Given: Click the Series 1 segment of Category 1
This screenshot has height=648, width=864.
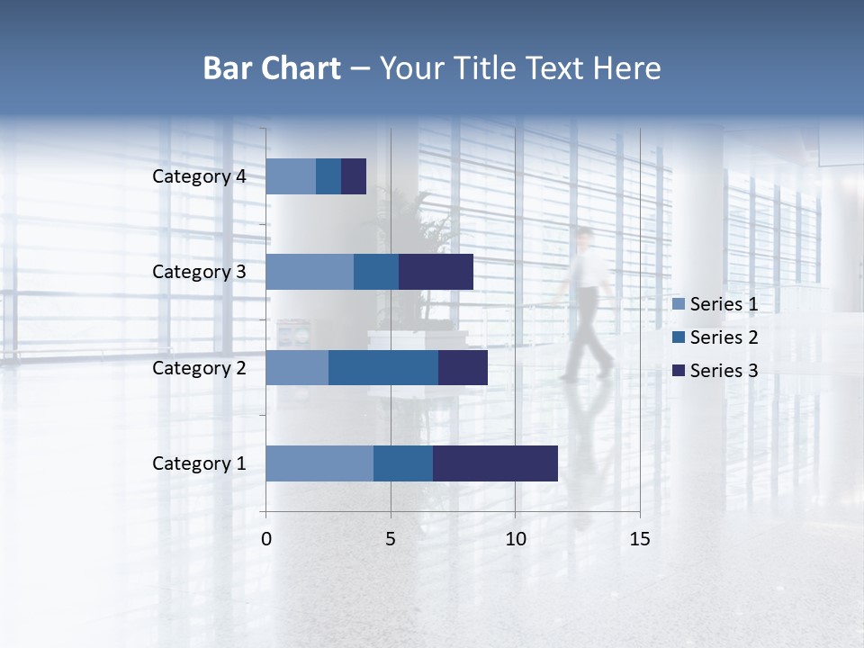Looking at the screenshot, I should pyautogui.click(x=319, y=463).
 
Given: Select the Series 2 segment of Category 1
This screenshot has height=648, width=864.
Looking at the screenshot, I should pyautogui.click(x=402, y=463).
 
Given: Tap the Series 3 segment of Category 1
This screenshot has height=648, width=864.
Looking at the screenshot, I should pyautogui.click(x=495, y=463).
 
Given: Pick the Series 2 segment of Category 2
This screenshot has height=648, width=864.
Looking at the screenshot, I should pyautogui.click(x=382, y=367).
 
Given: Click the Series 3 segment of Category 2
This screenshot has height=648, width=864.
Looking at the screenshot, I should pyautogui.click(x=463, y=367).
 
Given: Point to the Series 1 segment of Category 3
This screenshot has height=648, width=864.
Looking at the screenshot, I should pyautogui.click(x=310, y=272).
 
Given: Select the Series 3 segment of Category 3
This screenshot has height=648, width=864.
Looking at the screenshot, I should pyautogui.click(x=436, y=272).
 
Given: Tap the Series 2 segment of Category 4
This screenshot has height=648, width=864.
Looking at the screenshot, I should pyautogui.click(x=328, y=176).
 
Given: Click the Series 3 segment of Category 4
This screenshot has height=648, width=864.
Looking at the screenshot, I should pyautogui.click(x=354, y=176).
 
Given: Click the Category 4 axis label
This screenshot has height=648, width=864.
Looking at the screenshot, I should pyautogui.click(x=199, y=176).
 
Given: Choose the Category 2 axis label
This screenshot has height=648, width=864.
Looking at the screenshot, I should pyautogui.click(x=199, y=367).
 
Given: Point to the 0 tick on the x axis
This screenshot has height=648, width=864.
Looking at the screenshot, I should pyautogui.click(x=266, y=539).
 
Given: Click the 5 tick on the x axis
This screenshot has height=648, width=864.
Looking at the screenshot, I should pyautogui.click(x=391, y=539).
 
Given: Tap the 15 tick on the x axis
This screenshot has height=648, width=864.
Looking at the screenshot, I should pyautogui.click(x=640, y=539).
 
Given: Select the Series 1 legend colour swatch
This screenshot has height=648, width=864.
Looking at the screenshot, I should pyautogui.click(x=679, y=304).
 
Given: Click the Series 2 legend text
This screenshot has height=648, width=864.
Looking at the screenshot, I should pyautogui.click(x=724, y=337).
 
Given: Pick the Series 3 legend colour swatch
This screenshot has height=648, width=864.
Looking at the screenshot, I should pyautogui.click(x=679, y=371).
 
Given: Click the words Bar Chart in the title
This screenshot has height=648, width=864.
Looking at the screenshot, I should pyautogui.click(x=272, y=68).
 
